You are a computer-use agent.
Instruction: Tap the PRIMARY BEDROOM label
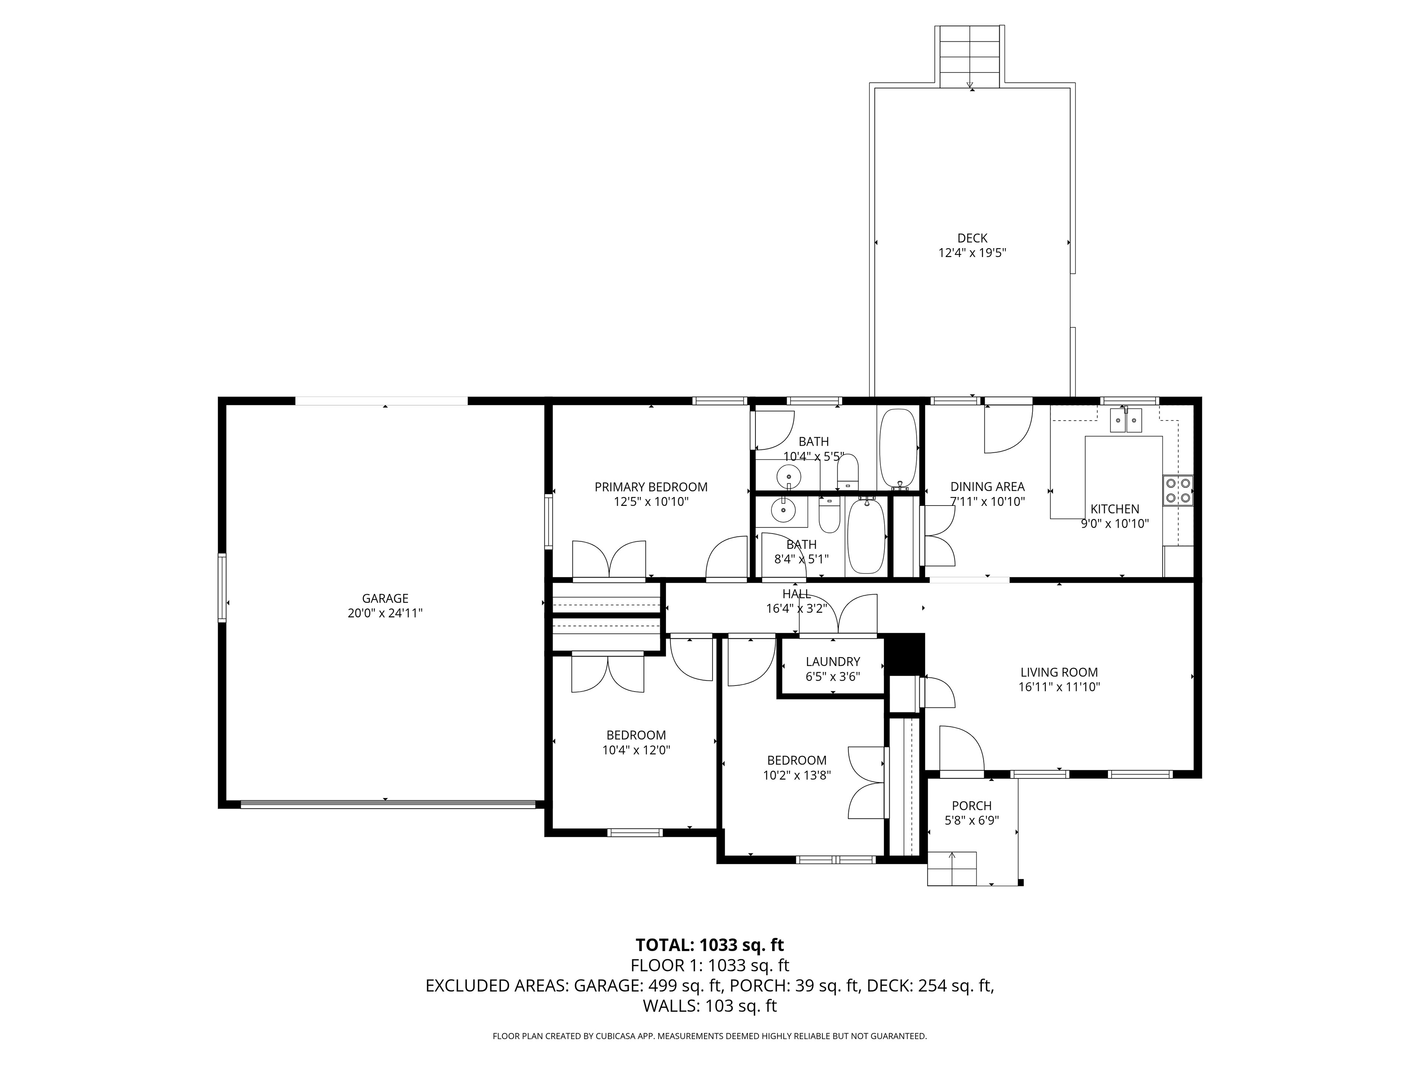tap(651, 487)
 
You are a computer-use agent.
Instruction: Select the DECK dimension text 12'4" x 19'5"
tap(972, 253)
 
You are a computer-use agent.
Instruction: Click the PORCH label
tap(972, 806)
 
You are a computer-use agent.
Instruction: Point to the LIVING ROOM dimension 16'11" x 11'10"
tap(1059, 687)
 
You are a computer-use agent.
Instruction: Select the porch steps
tap(952, 869)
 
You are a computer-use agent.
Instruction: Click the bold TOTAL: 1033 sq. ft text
tap(709, 945)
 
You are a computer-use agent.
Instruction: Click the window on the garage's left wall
tap(222, 588)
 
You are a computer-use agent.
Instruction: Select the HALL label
tap(797, 594)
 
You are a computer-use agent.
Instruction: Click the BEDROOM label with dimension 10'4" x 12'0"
tap(636, 735)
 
